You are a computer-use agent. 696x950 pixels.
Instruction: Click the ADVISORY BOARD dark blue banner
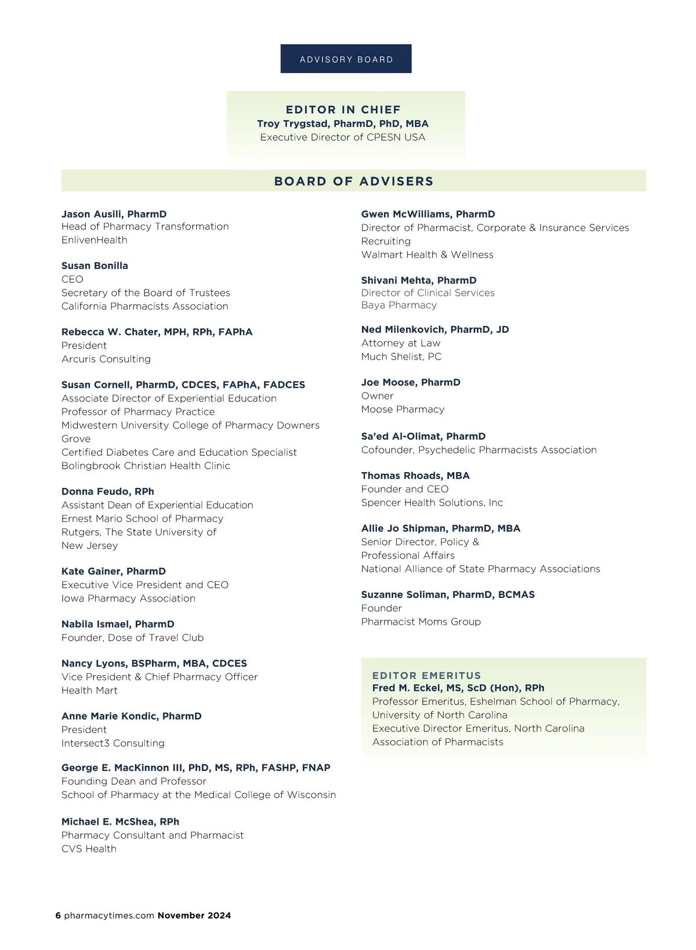tap(346, 59)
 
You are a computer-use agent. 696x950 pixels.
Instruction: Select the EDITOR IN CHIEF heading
tap(343, 110)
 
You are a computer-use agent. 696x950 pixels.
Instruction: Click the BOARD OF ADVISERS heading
tap(354, 181)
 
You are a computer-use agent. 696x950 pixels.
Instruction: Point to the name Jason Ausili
tap(92, 214)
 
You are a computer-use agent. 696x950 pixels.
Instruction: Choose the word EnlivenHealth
tap(95, 240)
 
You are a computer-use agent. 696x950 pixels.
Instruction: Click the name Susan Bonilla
tap(95, 266)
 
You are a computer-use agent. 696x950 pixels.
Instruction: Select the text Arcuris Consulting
tap(106, 359)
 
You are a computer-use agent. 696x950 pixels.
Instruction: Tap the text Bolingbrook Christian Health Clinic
tap(146, 466)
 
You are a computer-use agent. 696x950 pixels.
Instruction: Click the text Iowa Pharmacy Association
tap(128, 598)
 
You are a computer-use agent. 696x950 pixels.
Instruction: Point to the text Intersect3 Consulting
tap(113, 743)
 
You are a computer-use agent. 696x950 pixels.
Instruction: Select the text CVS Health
tap(89, 849)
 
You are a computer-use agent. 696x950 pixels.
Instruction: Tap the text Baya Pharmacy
tap(399, 305)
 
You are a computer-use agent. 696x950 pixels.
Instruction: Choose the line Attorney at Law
tap(401, 343)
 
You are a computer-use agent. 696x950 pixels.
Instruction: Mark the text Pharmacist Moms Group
tap(421, 622)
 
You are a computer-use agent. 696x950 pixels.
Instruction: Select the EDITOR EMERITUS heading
tap(427, 676)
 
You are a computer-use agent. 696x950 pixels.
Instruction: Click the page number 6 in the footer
tap(58, 915)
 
